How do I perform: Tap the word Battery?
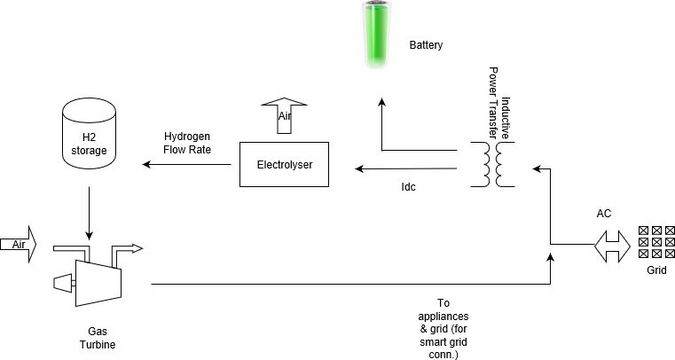click(x=426, y=45)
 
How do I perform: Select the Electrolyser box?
click(x=285, y=165)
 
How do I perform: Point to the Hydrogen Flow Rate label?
click(x=186, y=143)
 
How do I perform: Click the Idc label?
click(x=408, y=187)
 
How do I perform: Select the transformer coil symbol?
click(x=492, y=166)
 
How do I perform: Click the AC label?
click(x=604, y=214)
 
